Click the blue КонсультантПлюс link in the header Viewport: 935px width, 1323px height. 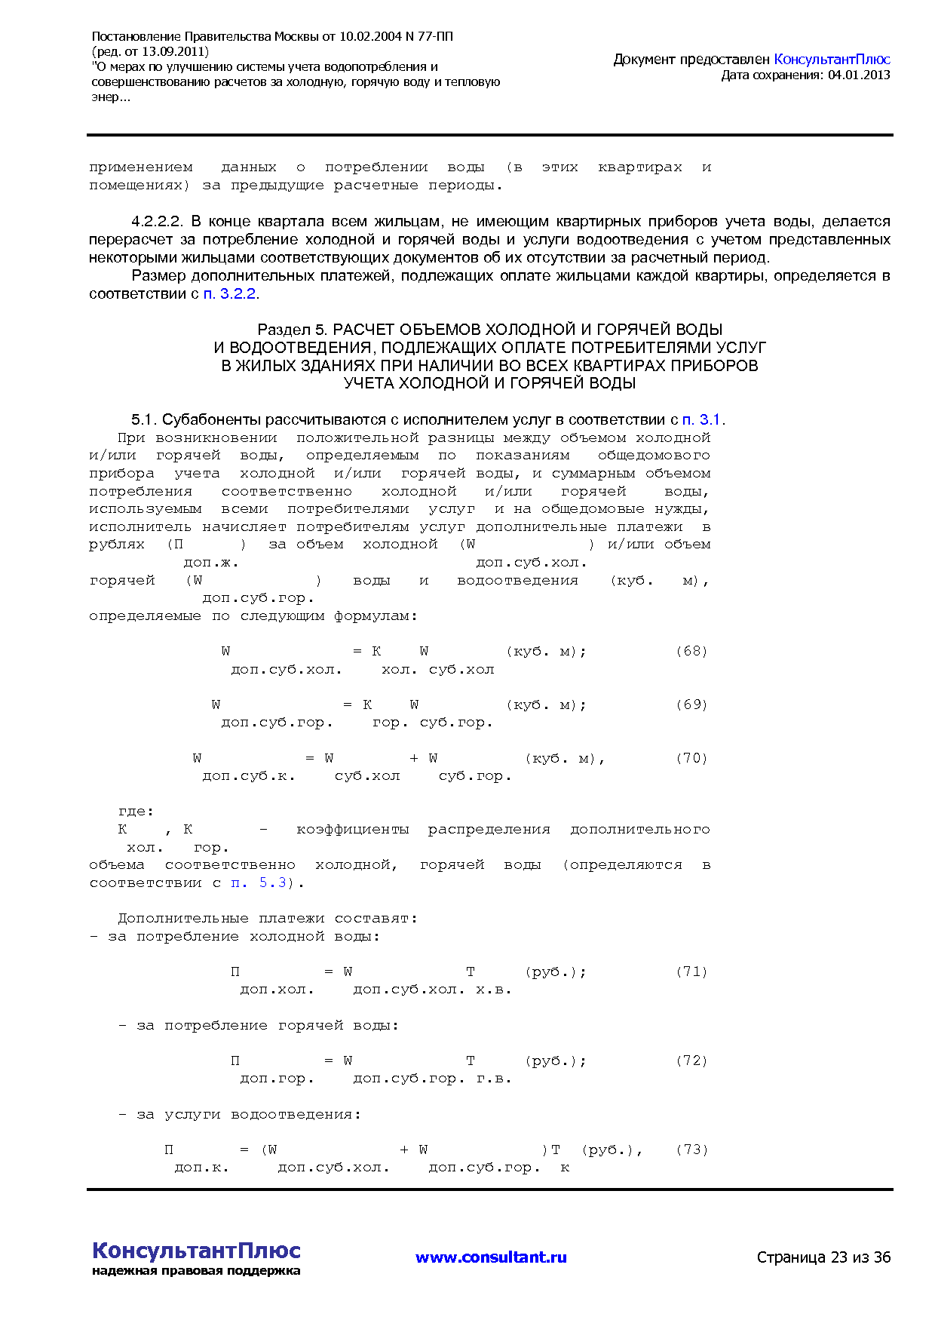click(x=832, y=59)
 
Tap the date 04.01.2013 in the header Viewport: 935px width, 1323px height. click(x=859, y=75)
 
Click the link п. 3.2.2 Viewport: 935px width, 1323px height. click(x=230, y=293)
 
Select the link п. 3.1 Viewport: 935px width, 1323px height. click(x=701, y=419)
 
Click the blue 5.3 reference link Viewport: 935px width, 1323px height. click(x=273, y=883)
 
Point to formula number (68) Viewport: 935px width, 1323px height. click(x=691, y=651)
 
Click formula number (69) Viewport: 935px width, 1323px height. click(x=691, y=704)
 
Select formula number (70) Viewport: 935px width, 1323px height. click(x=691, y=758)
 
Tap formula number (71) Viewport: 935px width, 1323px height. click(x=691, y=972)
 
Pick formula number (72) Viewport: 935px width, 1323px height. click(x=691, y=1061)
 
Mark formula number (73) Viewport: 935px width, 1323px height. click(x=691, y=1150)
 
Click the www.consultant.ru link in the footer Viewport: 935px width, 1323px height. click(x=491, y=1257)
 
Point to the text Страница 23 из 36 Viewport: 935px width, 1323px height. click(x=823, y=1257)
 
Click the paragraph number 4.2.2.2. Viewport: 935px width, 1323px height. click(x=158, y=222)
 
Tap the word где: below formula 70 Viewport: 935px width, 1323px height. click(x=136, y=812)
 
